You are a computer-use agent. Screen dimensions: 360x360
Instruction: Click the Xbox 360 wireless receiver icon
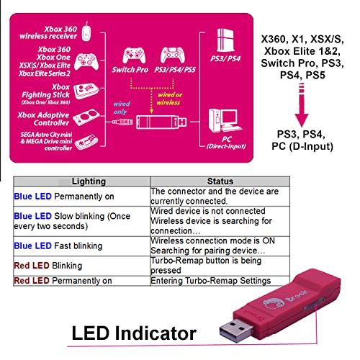tap(86, 32)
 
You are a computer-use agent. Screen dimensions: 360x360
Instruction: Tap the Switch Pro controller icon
tap(134, 55)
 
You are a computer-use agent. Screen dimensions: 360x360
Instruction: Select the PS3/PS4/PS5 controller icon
tap(173, 55)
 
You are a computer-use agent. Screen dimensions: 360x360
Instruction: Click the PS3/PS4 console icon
tap(225, 40)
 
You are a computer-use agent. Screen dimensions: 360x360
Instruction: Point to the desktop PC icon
tap(225, 120)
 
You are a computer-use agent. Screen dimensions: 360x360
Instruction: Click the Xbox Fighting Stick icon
tap(86, 91)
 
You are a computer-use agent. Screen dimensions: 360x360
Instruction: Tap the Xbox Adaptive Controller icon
tap(85, 117)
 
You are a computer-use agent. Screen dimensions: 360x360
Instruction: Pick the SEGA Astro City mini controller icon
tap(86, 142)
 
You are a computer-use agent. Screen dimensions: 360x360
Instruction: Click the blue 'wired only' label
tap(121, 108)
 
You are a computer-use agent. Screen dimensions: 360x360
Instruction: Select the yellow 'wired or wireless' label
tap(169, 99)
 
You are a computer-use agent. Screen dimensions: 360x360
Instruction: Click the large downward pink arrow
tap(302, 104)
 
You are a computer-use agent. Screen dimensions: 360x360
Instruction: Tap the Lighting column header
tap(89, 181)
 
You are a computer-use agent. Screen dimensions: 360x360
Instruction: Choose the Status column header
tap(220, 181)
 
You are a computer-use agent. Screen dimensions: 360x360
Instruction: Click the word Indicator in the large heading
tap(156, 333)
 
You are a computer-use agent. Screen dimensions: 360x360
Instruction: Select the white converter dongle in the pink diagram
tap(161, 122)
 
